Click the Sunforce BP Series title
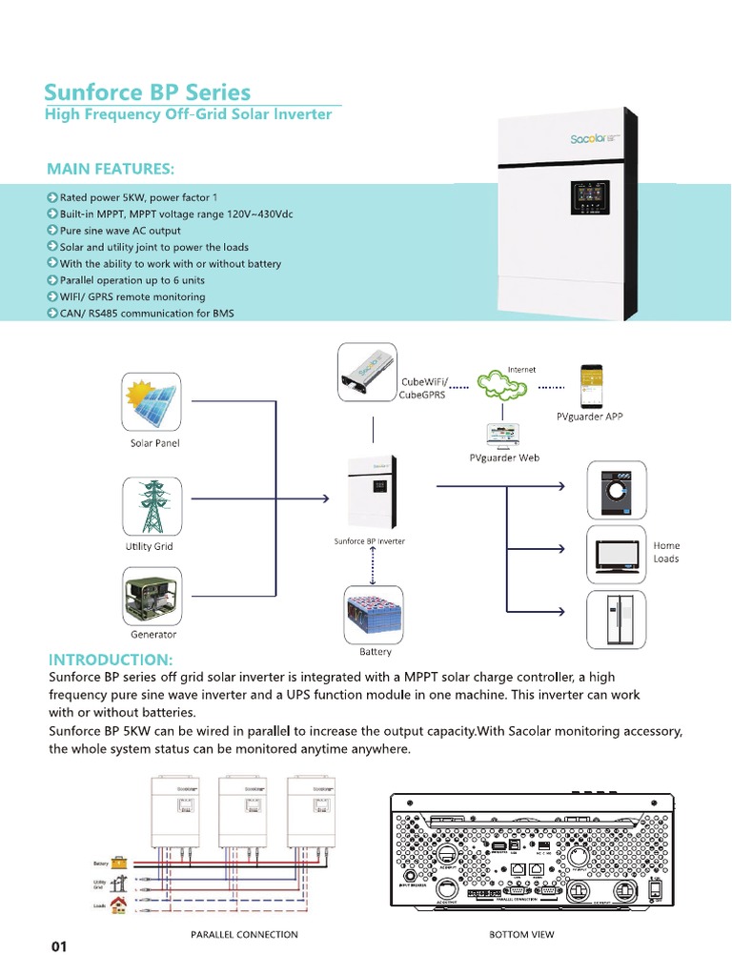tap(148, 92)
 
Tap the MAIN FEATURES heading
tap(111, 169)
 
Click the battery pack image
tap(375, 613)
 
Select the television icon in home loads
tap(615, 552)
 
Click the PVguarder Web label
tap(504, 457)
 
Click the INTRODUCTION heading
tap(111, 660)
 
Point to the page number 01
tap(59, 946)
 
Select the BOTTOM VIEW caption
tap(520, 935)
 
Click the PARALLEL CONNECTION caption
tap(244, 935)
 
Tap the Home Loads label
tap(666, 552)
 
